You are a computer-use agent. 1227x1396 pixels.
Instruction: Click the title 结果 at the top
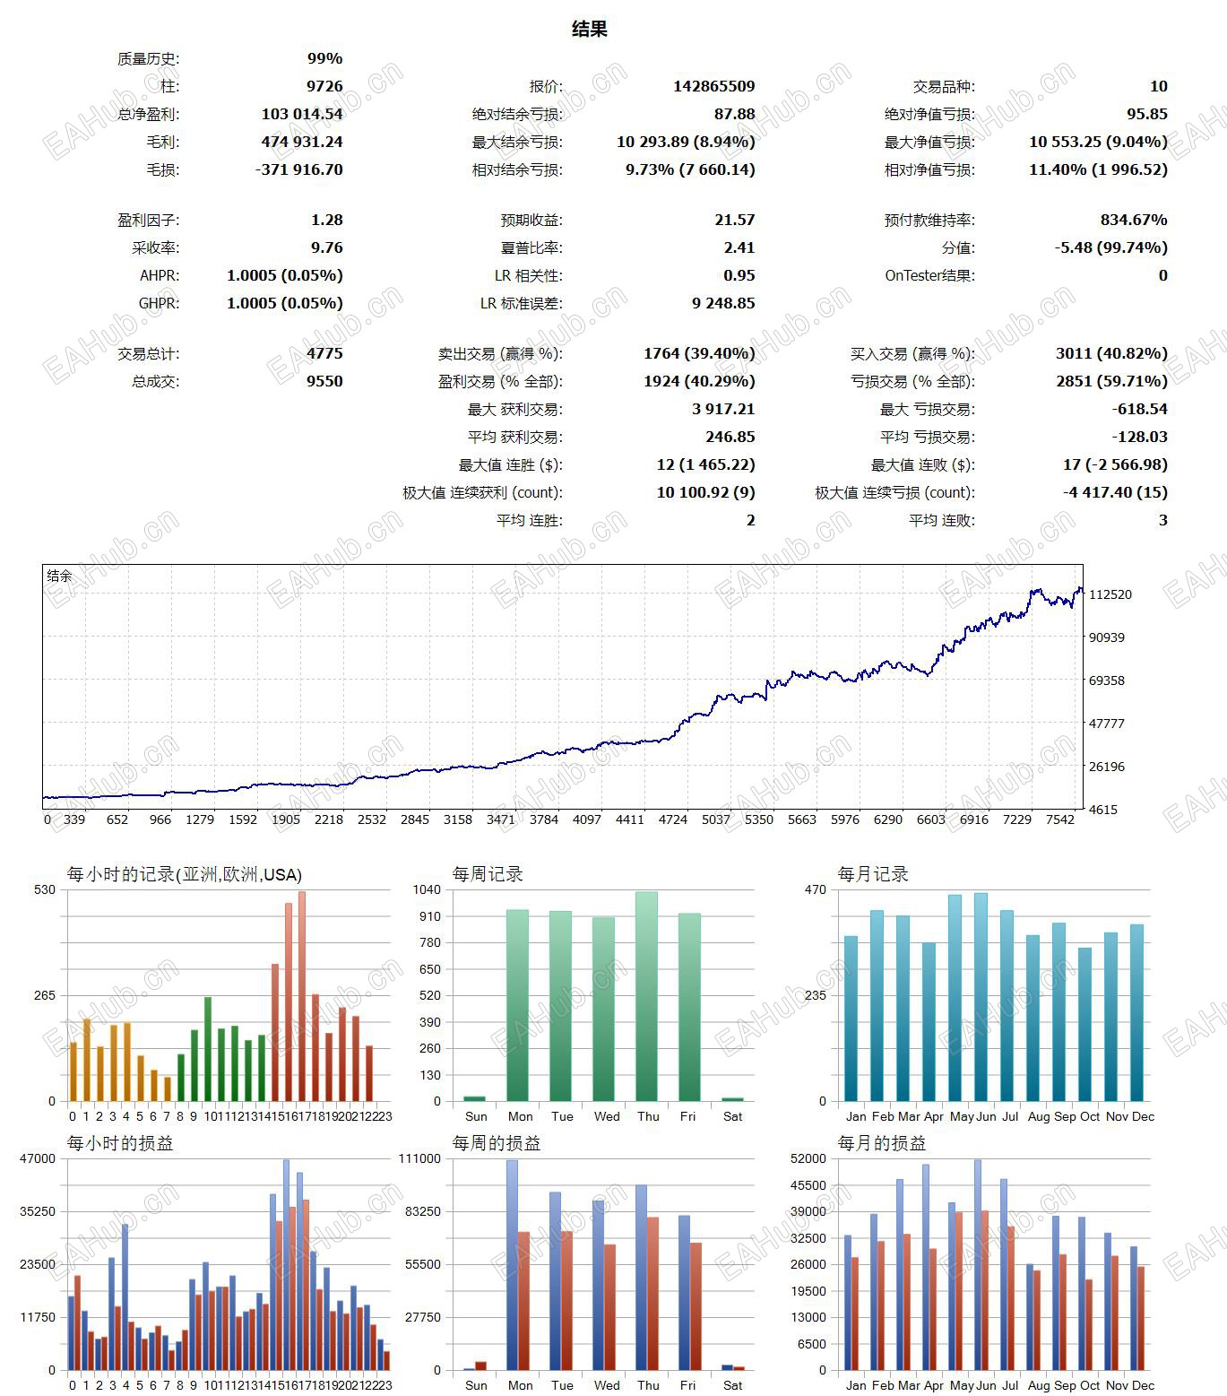[590, 30]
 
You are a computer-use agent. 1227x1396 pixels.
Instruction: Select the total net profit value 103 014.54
[302, 114]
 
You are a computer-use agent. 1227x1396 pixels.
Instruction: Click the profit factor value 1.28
[326, 220]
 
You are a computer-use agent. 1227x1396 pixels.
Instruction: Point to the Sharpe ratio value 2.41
[739, 247]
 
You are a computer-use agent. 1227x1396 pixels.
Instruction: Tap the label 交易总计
[148, 354]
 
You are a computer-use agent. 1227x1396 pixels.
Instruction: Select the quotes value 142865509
[713, 86]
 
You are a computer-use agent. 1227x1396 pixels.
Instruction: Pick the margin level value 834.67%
[1133, 220]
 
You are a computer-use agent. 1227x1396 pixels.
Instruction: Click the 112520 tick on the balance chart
[1110, 594]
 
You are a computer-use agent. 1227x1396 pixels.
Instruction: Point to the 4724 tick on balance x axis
[672, 819]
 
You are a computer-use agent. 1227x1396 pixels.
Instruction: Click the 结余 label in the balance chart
[59, 576]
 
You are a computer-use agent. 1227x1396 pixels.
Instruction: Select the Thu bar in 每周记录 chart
[646, 995]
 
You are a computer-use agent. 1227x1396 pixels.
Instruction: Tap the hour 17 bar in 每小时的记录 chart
[302, 995]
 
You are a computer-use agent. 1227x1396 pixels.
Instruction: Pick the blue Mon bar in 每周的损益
[512, 1264]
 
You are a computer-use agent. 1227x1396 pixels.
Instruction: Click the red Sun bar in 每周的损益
[481, 1366]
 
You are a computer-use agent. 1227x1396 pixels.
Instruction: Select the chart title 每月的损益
[882, 1143]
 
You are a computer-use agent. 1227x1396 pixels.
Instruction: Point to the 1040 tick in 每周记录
[428, 889]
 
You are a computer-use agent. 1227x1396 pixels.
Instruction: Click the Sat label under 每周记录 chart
[732, 1116]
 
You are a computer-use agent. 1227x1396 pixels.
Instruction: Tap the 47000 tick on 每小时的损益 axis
[39, 1158]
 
